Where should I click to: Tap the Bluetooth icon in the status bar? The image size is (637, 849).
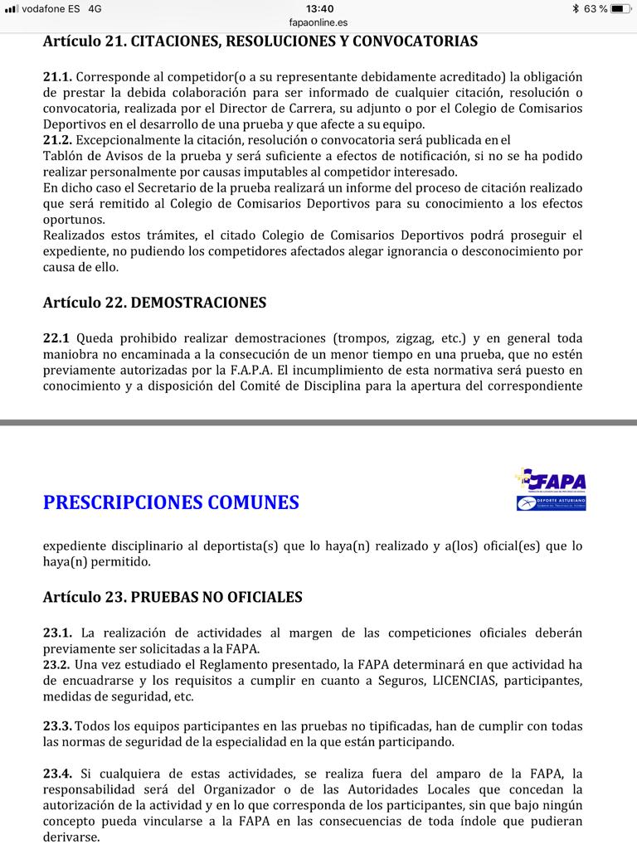point(576,8)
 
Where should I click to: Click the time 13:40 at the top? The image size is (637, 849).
point(319,8)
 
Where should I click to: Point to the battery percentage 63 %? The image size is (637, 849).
point(596,8)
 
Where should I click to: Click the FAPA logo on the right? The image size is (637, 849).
point(551,490)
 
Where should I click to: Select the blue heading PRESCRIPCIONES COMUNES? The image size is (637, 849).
point(171,502)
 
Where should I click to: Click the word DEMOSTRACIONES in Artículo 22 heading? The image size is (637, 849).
point(198,303)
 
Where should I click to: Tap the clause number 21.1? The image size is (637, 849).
point(57,77)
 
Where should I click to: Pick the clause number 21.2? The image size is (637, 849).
point(57,140)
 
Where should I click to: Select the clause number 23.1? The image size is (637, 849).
point(57,633)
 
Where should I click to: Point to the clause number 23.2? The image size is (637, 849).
point(57,664)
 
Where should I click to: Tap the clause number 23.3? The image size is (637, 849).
point(57,726)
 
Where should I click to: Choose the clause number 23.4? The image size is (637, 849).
point(57,774)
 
